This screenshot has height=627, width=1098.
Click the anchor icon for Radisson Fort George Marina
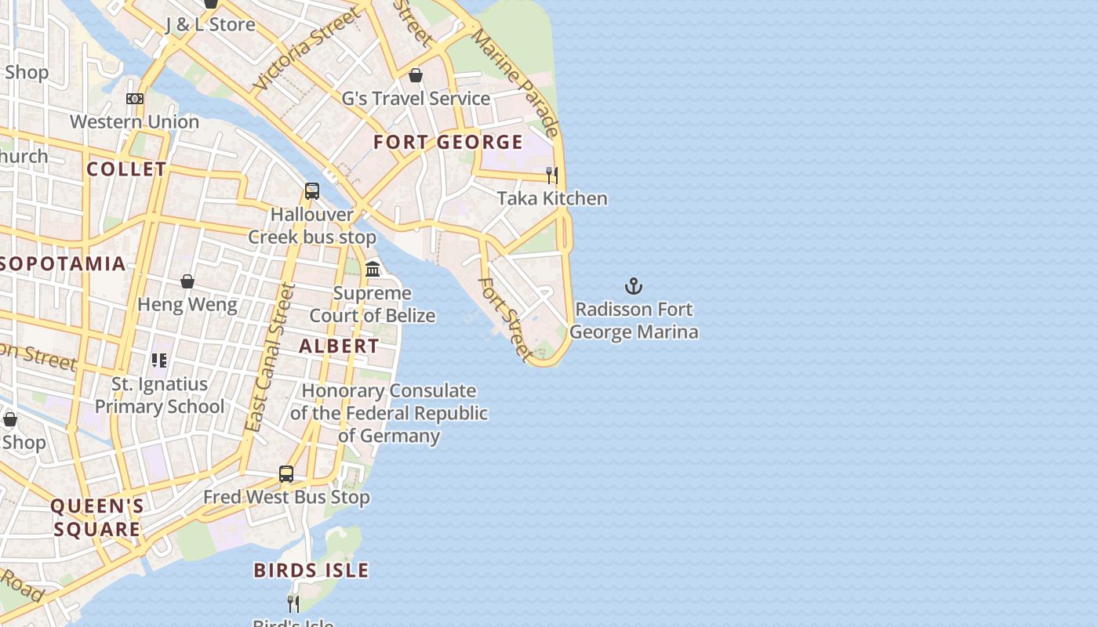click(633, 286)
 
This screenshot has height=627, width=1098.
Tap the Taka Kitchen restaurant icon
click(552, 175)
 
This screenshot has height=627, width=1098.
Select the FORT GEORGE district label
click(448, 142)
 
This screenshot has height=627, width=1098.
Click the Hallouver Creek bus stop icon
click(312, 191)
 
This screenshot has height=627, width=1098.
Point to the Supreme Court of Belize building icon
click(373, 270)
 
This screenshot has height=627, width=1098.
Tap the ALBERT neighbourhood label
click(339, 346)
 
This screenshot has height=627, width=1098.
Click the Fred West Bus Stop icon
click(286, 474)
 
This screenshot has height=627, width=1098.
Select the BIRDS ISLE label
click(311, 571)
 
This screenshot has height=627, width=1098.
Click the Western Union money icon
click(135, 99)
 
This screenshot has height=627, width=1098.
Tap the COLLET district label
click(126, 169)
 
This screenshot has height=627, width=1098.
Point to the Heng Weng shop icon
click(187, 281)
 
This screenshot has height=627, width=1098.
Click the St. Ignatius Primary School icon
click(159, 361)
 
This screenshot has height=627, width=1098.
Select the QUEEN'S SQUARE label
click(97, 517)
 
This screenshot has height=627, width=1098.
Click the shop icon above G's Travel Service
click(416, 75)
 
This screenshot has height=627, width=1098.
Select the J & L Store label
click(210, 24)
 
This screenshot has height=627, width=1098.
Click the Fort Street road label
click(505, 318)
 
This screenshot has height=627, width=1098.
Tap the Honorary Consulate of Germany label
click(389, 413)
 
